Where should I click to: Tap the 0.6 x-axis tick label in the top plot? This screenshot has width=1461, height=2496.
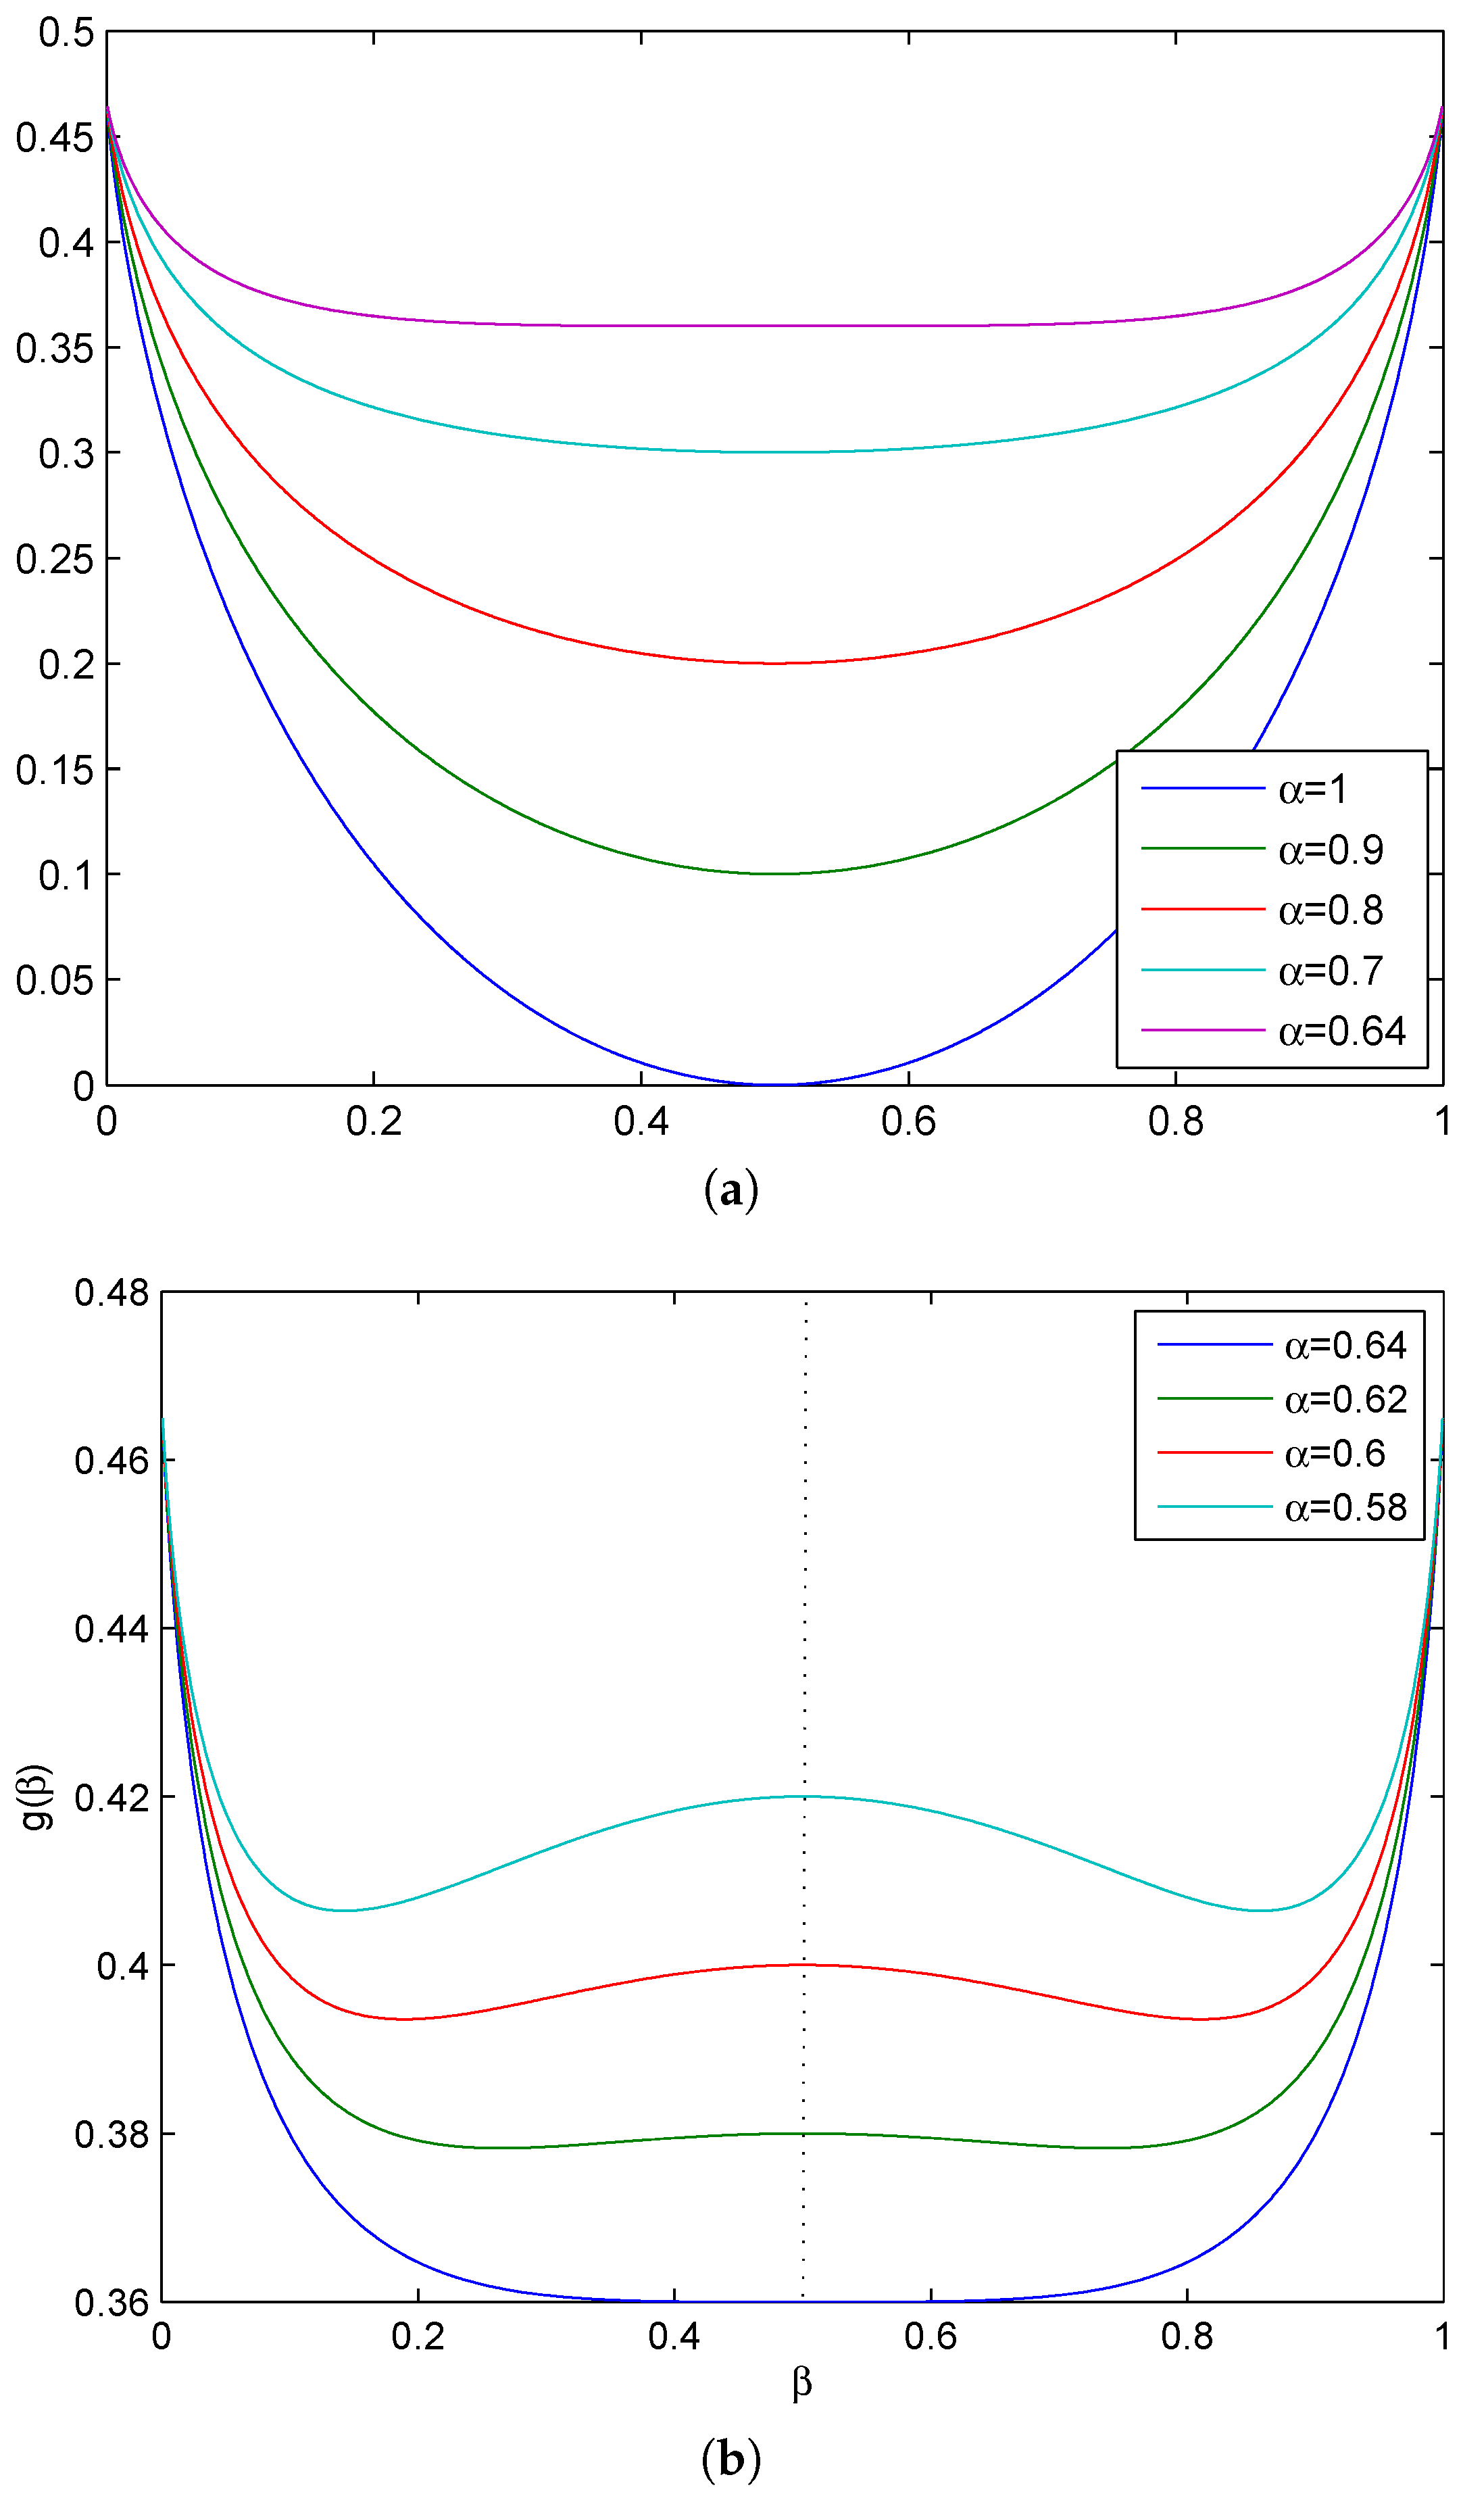[908, 1121]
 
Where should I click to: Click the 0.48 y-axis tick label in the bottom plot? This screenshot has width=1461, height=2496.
[111, 1292]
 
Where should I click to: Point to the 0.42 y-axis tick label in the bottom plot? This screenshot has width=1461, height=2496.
[111, 1796]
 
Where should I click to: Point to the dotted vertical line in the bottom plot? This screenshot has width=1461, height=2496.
[804, 1585]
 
